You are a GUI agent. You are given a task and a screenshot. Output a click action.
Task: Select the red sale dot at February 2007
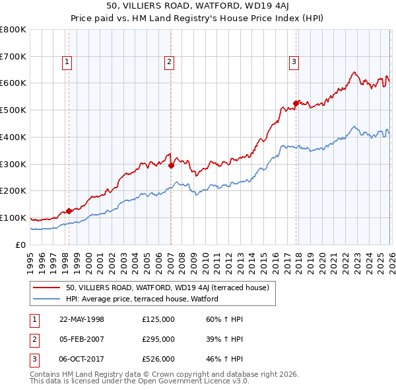[x=171, y=165]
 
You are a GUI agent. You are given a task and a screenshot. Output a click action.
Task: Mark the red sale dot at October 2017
[x=296, y=102]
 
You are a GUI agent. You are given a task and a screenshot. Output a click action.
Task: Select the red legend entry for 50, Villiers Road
[x=167, y=288]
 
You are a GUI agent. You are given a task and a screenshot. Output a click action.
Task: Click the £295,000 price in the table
[x=158, y=338]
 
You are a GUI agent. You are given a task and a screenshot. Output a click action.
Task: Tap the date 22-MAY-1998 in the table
[x=82, y=319]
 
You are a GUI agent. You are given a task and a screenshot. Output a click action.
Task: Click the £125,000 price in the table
[x=158, y=319]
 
